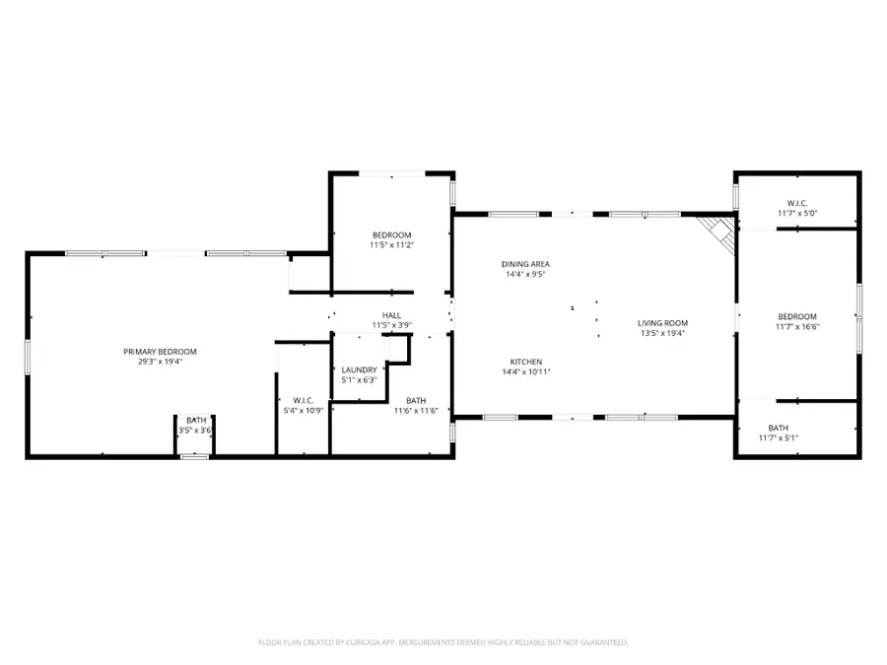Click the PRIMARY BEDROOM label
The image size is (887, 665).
(160, 352)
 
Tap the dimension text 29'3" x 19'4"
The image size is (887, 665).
(160, 362)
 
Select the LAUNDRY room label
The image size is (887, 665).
(359, 369)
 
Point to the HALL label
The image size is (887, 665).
(391, 315)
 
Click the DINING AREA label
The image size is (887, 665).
(525, 264)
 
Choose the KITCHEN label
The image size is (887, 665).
(525, 362)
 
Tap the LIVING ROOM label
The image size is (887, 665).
(662, 323)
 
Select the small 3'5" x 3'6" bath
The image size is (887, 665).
(195, 426)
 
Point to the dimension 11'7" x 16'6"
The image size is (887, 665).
(797, 326)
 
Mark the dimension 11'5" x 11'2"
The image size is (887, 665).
(391, 244)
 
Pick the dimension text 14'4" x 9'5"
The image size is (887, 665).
(525, 274)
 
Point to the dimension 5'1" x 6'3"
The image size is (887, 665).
(359, 379)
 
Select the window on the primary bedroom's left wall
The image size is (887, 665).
(28, 355)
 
